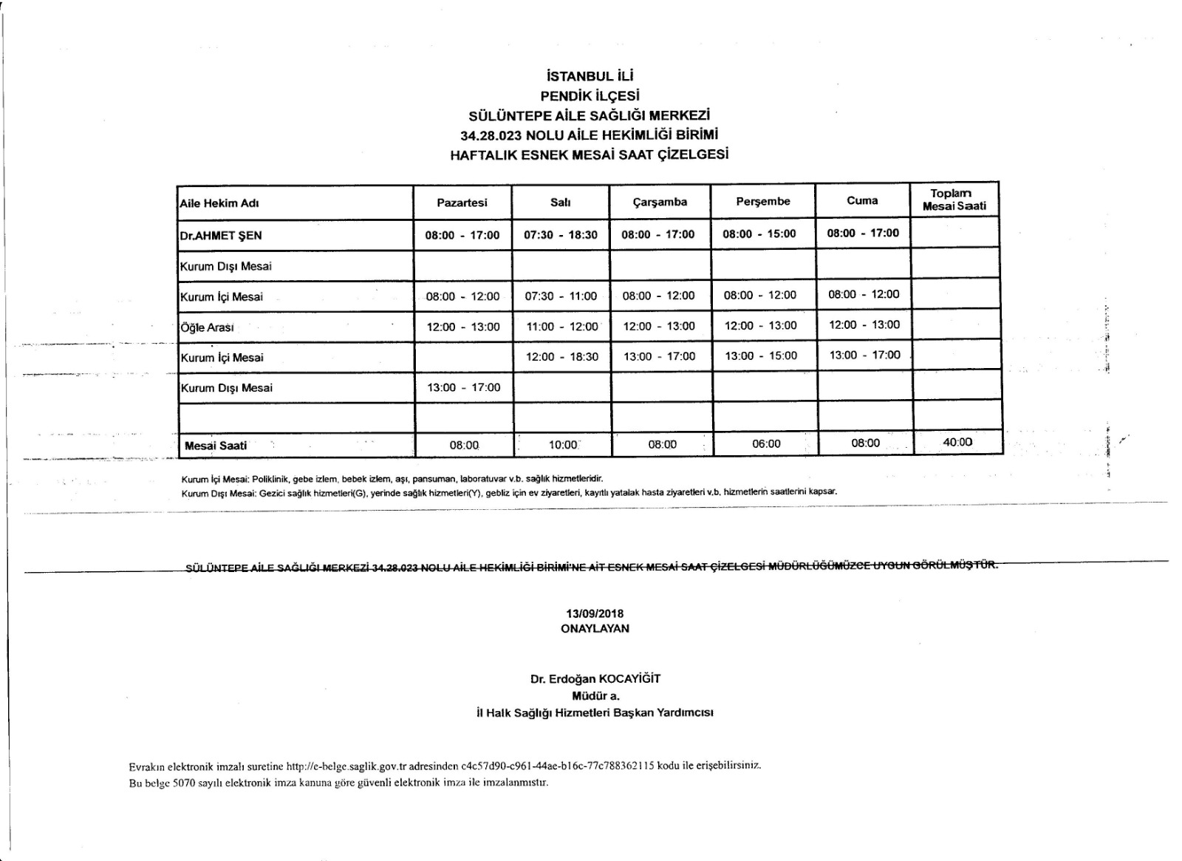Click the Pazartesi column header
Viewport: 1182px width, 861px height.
click(462, 203)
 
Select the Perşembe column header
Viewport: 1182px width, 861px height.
click(762, 201)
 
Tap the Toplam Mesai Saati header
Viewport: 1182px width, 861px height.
click(954, 200)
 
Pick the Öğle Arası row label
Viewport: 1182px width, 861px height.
click(207, 327)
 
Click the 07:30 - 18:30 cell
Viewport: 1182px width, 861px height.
click(561, 235)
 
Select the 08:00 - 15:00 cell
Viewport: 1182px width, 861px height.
click(759, 234)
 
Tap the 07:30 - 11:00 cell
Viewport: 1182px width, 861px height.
click(561, 296)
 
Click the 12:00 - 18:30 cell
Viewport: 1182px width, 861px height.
click(561, 357)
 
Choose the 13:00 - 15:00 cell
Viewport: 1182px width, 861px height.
click(761, 355)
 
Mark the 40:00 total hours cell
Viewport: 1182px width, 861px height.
click(957, 442)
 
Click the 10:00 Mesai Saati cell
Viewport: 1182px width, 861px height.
click(562, 445)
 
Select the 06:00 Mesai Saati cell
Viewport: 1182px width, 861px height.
click(766, 443)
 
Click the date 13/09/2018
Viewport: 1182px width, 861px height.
click(595, 613)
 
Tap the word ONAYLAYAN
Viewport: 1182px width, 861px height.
click(595, 628)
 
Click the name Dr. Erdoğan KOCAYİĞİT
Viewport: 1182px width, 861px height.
click(595, 678)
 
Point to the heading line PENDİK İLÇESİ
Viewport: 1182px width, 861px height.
click(590, 95)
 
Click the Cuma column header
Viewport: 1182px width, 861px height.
click(862, 200)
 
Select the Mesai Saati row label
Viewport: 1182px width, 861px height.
click(216, 446)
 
